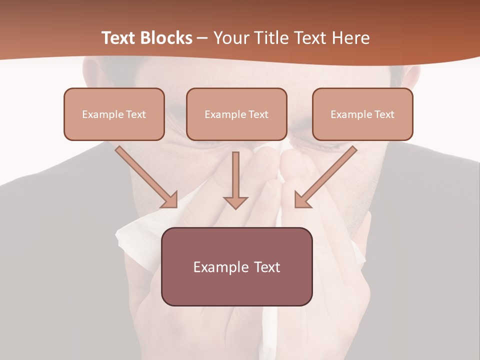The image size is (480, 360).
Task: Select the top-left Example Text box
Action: pos(114,114)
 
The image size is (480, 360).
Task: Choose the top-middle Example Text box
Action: pos(236,114)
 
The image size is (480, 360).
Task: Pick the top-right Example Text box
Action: pos(362,114)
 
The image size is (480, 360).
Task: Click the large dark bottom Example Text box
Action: pos(236,266)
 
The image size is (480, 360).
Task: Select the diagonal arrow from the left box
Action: pos(145,176)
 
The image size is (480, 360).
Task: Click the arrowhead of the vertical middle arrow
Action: pos(235,202)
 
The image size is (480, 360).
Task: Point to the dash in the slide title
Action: pos(202,38)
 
